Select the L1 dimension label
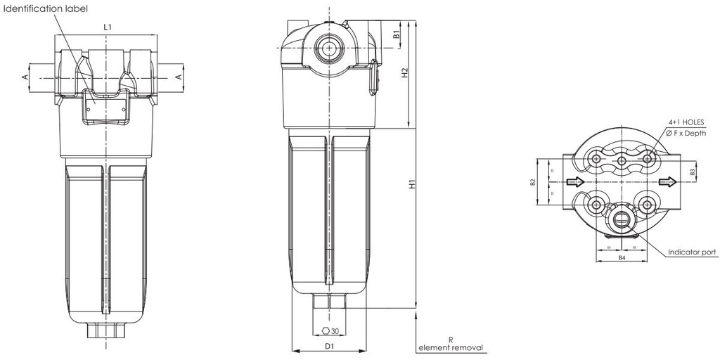[x=107, y=27]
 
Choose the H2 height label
[x=404, y=74]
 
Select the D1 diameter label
[x=327, y=346]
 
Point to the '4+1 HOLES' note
[x=686, y=122]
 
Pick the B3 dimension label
[x=693, y=171]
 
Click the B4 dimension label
[x=622, y=259]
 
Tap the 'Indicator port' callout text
[x=692, y=251]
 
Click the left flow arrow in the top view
[x=575, y=181]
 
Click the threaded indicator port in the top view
[x=622, y=217]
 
